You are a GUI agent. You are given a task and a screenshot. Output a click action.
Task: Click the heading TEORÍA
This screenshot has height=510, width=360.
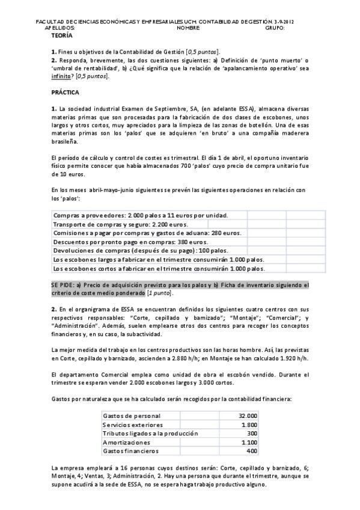(62, 36)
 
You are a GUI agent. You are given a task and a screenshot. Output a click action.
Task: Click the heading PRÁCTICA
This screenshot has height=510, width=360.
(65, 93)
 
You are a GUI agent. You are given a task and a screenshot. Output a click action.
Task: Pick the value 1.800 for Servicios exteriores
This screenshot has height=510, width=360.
(249, 425)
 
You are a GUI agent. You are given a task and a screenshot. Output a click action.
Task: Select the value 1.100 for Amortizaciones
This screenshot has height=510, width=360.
(249, 442)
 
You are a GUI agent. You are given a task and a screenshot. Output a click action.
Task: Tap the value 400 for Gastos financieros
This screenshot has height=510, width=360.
(251, 450)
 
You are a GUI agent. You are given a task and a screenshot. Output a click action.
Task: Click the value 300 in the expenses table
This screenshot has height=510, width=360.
(251, 433)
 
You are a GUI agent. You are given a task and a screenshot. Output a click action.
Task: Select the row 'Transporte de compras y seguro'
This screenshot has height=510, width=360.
(103, 224)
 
